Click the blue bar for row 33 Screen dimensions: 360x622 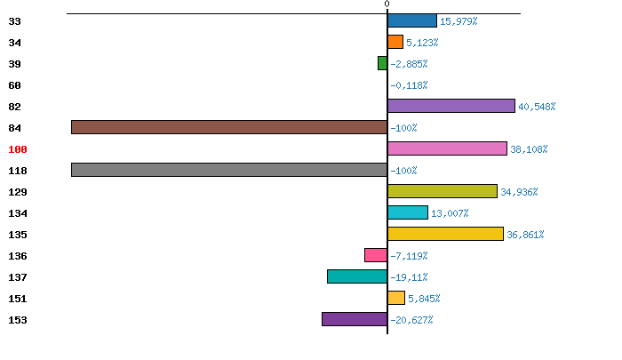click(412, 20)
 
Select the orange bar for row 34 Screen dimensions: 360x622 click(395, 42)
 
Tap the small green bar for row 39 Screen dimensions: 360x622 click(383, 63)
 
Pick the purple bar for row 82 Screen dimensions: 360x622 click(451, 106)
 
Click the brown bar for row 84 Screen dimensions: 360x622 click(229, 127)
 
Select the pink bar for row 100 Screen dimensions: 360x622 click(447, 148)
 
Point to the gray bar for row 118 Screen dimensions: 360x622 click(229, 170)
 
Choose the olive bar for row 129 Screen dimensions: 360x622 click(443, 191)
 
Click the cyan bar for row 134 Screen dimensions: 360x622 click(408, 212)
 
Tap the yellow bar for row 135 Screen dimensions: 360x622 click(445, 234)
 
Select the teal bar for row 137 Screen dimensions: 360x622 click(357, 276)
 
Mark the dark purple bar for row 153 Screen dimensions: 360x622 click(355, 319)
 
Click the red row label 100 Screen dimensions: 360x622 click(17, 149)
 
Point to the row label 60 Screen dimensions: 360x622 click(14, 85)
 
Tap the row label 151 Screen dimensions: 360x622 click(17, 299)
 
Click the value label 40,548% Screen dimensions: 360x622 click(537, 107)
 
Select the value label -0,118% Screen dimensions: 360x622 click(409, 85)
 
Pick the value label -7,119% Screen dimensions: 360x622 click(409, 256)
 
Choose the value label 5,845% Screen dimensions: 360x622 click(424, 299)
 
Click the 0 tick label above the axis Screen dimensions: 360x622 click(387, 4)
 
